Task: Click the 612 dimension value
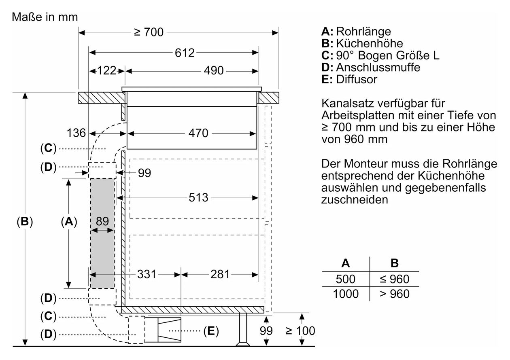(x=185, y=53)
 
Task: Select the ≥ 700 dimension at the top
(x=149, y=32)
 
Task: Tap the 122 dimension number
(x=107, y=70)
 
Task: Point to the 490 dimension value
(x=214, y=70)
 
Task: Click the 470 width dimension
(x=198, y=133)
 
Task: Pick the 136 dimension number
(x=76, y=133)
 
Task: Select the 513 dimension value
(x=198, y=197)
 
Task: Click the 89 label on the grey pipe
(x=102, y=221)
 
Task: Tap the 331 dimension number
(x=147, y=274)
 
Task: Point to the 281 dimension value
(x=220, y=274)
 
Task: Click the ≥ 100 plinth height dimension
(x=300, y=330)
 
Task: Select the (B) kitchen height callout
(x=25, y=221)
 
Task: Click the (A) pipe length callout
(x=69, y=221)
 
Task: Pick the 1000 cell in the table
(x=346, y=294)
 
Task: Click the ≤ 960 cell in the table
(x=394, y=279)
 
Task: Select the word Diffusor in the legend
(x=357, y=79)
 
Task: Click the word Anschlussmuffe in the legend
(x=378, y=68)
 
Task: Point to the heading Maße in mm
(x=45, y=17)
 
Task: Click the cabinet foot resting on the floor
(x=243, y=330)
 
